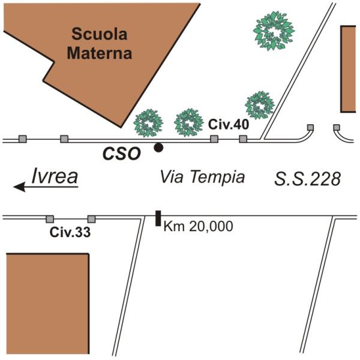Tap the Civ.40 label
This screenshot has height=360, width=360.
click(x=228, y=125)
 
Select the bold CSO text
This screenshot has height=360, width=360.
click(x=121, y=154)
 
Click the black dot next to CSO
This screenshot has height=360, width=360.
click(x=158, y=147)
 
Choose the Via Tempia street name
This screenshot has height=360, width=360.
click(x=202, y=178)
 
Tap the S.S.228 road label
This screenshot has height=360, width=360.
click(x=308, y=178)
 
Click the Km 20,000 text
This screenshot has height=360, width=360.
click(x=198, y=227)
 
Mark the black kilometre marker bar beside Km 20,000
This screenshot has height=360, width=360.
click(x=158, y=218)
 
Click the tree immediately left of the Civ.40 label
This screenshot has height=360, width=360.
click(x=190, y=122)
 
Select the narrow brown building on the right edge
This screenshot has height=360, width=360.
click(x=350, y=69)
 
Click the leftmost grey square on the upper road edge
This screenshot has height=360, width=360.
click(x=23, y=139)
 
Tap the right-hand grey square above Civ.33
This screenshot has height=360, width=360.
click(x=92, y=219)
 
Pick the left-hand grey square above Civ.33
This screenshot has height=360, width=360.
click(x=50, y=219)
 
